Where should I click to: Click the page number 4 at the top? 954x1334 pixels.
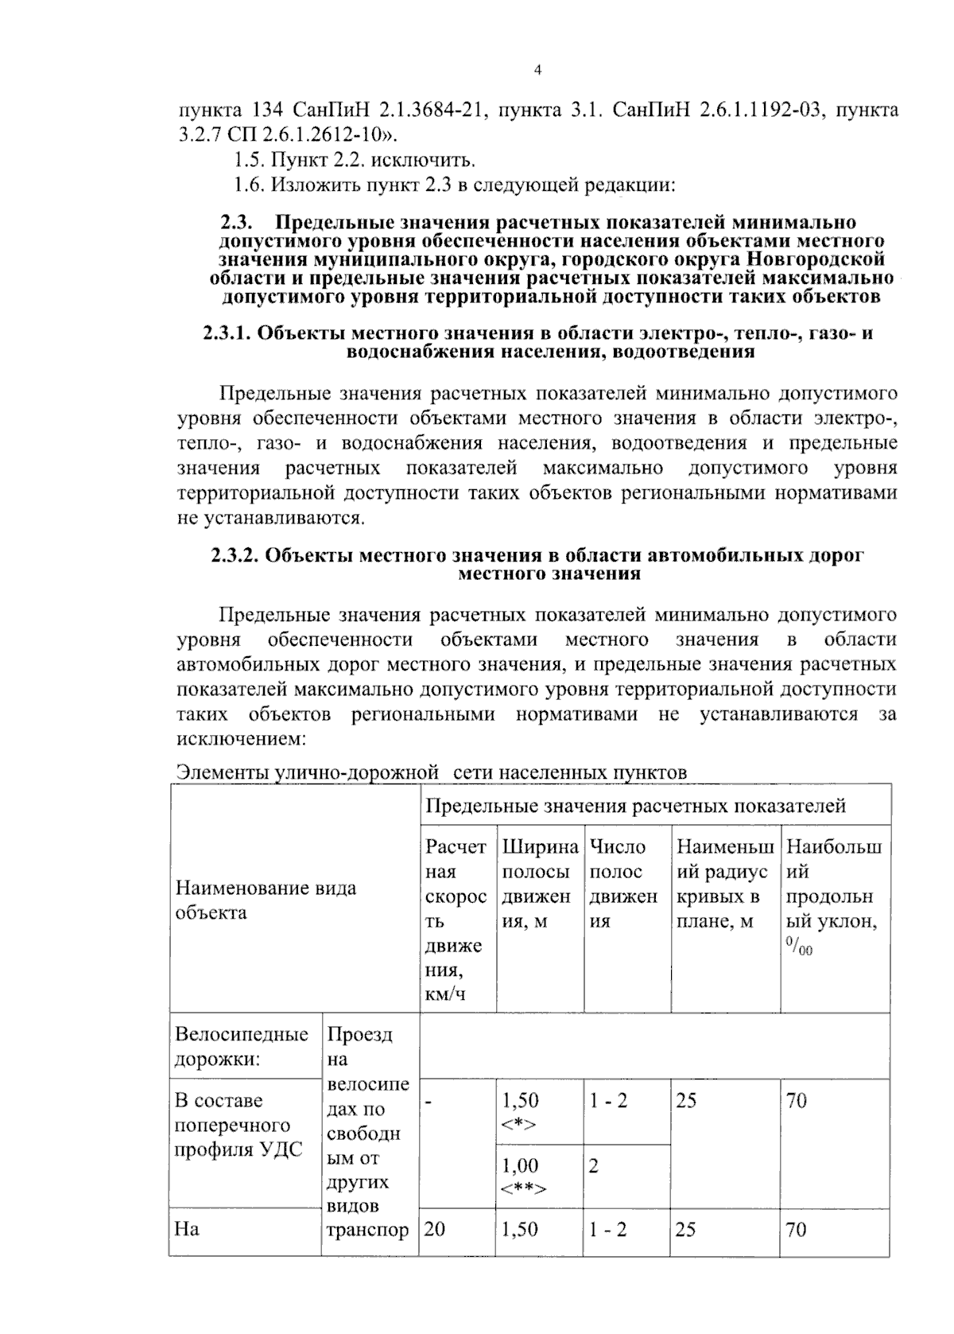pos(537,71)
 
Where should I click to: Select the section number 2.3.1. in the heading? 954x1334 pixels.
pos(228,333)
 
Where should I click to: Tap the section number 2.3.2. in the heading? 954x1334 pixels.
pos(235,556)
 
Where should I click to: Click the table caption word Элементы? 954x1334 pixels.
pos(221,772)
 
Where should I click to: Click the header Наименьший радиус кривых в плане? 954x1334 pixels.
pos(723,884)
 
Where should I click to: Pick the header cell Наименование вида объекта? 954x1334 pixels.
pos(266,900)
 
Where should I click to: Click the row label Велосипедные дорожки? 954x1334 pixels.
pos(242,1047)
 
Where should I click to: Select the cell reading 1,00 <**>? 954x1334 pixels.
pos(522,1176)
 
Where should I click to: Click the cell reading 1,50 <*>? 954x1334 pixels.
pos(520,1111)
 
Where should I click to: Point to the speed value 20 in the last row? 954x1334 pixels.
pos(435,1230)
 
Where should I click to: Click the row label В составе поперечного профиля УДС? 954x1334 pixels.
pos(238,1125)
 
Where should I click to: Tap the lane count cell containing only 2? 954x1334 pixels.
pos(594,1166)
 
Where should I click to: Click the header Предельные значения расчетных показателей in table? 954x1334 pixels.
pos(635,806)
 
